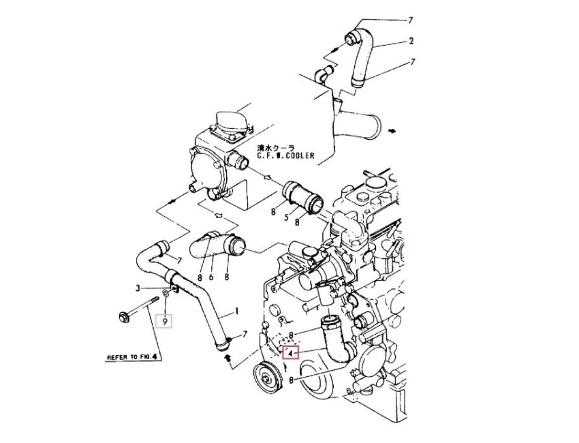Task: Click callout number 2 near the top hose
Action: pos(411,41)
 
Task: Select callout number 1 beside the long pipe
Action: pos(236,311)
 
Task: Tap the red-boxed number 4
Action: pos(291,353)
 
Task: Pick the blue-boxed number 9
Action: pos(164,320)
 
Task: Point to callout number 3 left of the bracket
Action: pos(138,289)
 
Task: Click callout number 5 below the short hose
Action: pos(286,212)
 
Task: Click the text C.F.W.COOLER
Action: pos(285,155)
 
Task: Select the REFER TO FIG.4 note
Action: pos(133,356)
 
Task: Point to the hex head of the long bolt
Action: pos(123,316)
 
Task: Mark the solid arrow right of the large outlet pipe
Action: pos(393,129)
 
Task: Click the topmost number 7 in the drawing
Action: pos(411,20)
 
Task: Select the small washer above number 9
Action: pos(164,296)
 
